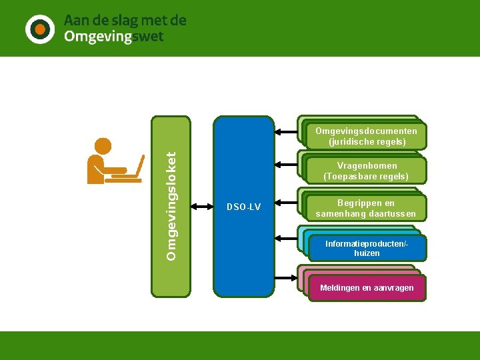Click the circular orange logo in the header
point(40,29)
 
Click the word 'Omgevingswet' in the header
point(113,37)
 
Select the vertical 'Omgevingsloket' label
point(171,206)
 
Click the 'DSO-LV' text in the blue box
point(243,207)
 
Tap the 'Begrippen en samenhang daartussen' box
point(366,208)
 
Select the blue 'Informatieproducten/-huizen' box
point(367,248)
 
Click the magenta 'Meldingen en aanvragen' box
point(367,288)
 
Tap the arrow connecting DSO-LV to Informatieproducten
point(286,237)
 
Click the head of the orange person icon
point(103,147)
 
